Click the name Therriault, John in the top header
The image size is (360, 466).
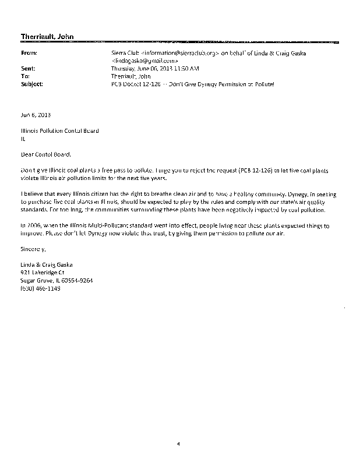coord(44,37)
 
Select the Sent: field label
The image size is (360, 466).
coord(27,68)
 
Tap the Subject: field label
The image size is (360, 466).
coord(31,84)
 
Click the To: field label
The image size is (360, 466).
coord(24,76)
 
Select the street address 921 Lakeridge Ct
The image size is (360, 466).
coord(42,272)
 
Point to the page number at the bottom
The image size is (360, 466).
coord(179,444)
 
